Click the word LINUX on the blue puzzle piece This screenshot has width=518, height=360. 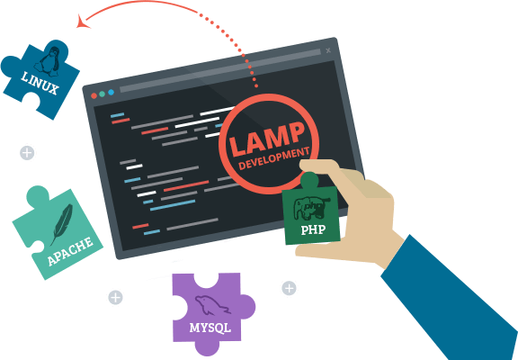coord(40,84)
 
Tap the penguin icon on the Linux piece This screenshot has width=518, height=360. coord(49,59)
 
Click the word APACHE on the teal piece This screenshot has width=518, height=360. coord(70,251)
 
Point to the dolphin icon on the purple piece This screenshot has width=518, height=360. coord(212,305)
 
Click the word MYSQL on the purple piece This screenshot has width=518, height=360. coord(210,328)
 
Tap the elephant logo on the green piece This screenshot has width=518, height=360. coord(311,208)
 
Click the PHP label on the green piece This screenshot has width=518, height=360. coord(313,229)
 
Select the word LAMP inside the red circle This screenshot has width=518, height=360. coord(267,139)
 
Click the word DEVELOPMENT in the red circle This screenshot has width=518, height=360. coord(274,158)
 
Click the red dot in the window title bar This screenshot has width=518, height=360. coord(94,96)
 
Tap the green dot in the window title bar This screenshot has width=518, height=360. coord(103,94)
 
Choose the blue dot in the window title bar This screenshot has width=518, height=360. coord(111,92)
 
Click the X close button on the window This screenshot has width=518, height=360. coord(328,50)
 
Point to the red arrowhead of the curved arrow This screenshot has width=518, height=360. coord(83,22)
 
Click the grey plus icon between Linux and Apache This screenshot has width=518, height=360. coord(27,153)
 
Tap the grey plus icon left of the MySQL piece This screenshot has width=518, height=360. coord(115,297)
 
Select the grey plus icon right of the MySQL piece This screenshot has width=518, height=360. coord(289,288)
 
